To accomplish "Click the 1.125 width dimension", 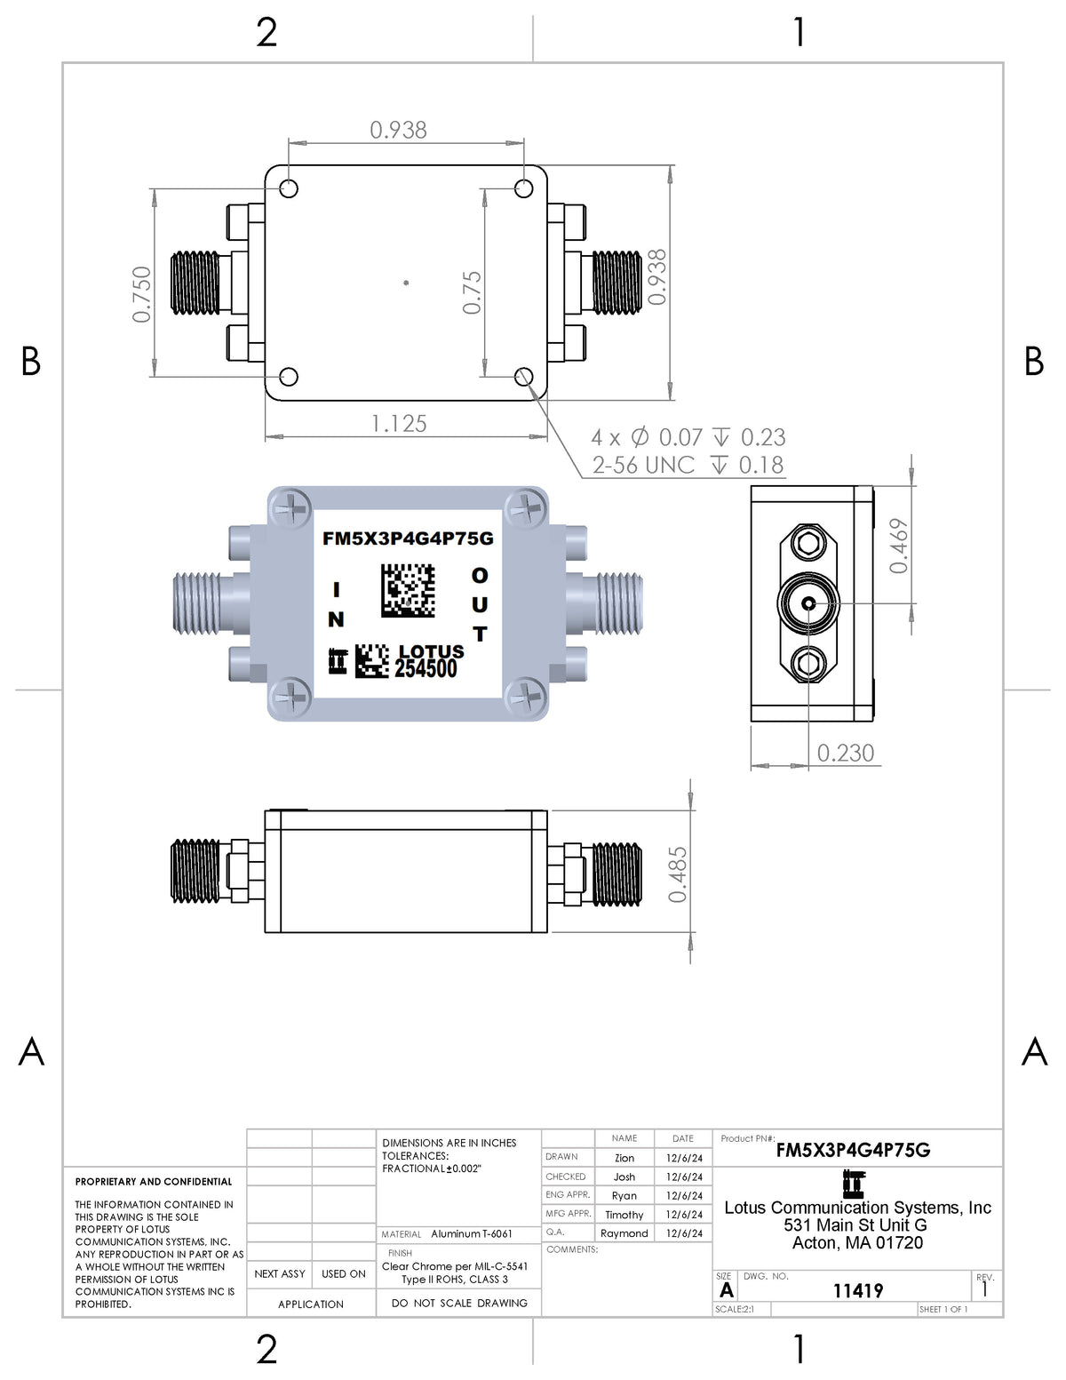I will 399,424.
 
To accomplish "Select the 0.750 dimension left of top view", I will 142,294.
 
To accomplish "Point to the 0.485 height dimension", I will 678,874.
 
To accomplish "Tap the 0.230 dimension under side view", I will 845,754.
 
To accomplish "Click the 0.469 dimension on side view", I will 899,546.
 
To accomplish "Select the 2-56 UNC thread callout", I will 643,466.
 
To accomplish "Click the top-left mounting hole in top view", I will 289,188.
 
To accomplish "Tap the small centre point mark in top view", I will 406,283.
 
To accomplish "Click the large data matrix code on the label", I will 408,590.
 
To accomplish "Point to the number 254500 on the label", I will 426,670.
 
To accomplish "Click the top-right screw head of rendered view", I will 525,509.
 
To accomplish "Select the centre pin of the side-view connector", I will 808,604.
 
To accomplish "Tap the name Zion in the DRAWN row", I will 624,1158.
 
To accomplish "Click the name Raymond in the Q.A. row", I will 624,1233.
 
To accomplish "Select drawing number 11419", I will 857,1290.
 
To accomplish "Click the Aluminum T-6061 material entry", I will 471,1234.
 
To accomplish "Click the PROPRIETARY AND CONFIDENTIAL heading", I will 154,1182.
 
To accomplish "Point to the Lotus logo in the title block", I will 853,1184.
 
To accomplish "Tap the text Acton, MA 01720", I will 857,1243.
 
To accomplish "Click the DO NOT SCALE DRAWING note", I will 458,1303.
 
